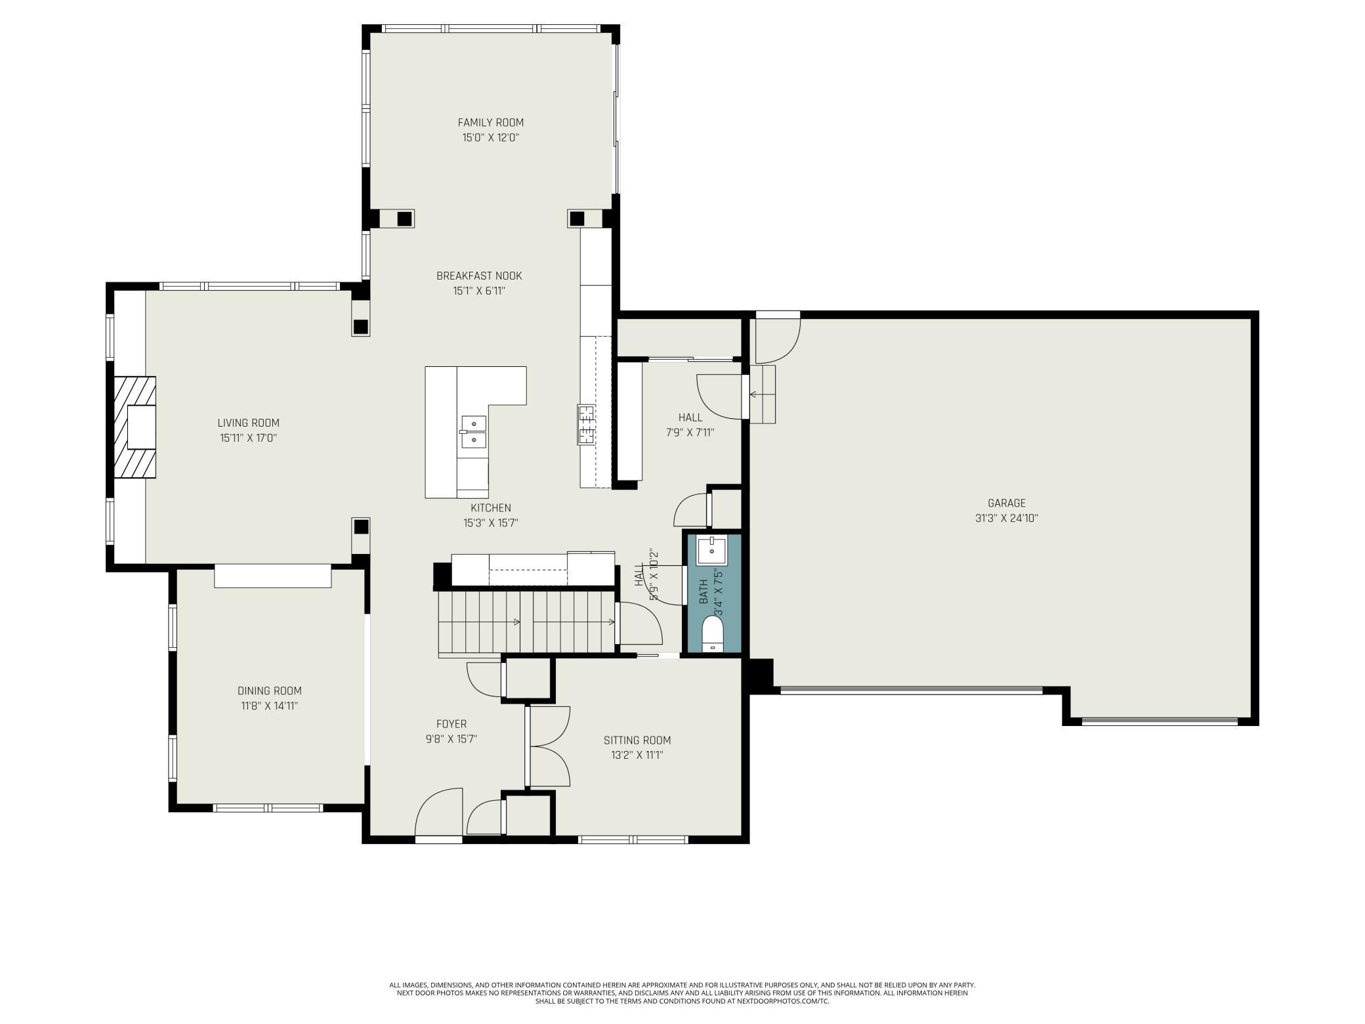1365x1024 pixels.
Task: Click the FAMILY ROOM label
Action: pos(490,122)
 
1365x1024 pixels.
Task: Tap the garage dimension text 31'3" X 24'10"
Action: pos(1006,518)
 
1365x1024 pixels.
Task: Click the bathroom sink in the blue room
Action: pos(712,551)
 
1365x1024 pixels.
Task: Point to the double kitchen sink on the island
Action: pos(472,431)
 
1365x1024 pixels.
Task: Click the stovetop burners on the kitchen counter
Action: pos(586,425)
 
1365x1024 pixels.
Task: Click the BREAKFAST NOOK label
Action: pos(479,276)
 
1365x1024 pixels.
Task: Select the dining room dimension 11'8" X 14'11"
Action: pos(269,706)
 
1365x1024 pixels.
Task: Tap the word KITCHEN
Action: pos(490,507)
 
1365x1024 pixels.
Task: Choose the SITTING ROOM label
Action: pos(637,740)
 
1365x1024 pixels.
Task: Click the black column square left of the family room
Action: pos(405,218)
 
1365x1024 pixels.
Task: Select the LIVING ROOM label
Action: pos(248,423)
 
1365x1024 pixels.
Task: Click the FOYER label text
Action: pos(451,724)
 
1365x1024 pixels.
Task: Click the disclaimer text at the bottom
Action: pos(682,992)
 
